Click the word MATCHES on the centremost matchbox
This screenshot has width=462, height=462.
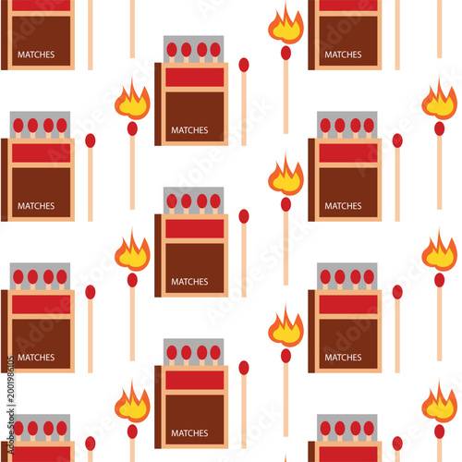tap(189, 282)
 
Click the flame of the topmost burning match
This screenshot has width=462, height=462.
tap(286, 27)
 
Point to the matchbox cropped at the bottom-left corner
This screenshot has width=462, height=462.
tap(39, 439)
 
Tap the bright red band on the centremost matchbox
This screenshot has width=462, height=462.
tap(194, 228)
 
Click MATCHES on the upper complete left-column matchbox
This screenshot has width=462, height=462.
tap(36, 206)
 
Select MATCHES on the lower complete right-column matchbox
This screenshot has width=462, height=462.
tap(343, 358)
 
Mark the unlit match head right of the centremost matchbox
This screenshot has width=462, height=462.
tap(244, 216)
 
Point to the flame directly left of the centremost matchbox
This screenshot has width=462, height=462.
tap(132, 252)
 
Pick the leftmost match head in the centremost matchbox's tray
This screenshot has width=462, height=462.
tap(171, 201)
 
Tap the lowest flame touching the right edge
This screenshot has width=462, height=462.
tap(439, 405)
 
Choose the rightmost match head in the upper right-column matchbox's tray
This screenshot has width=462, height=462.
tap(369, 125)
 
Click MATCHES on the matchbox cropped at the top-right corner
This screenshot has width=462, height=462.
tap(343, 55)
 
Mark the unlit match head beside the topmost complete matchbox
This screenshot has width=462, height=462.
tap(244, 65)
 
